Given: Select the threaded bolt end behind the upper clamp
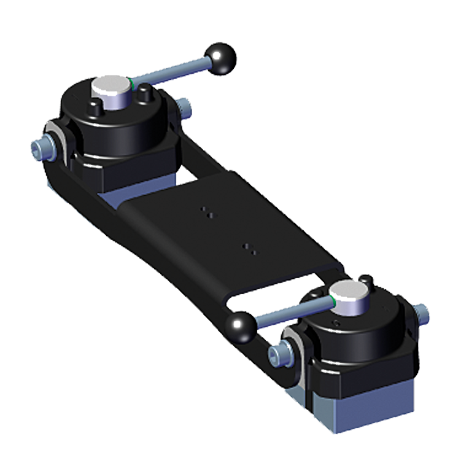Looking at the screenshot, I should (x=186, y=110).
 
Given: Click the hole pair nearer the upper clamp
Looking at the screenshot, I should (x=208, y=212).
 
